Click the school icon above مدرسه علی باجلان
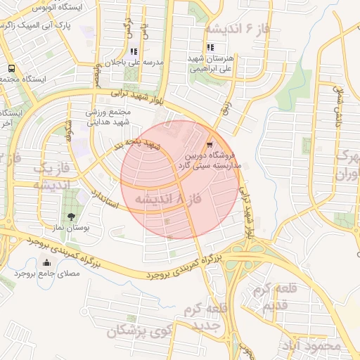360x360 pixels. click(x=134, y=51)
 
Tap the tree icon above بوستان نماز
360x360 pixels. click(x=71, y=217)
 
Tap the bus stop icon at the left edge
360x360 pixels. click(x=11, y=68)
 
